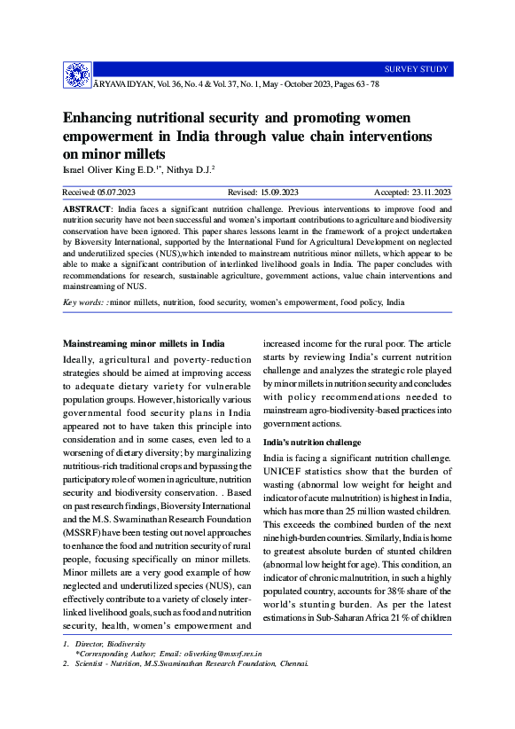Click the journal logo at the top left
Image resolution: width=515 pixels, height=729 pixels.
(77, 75)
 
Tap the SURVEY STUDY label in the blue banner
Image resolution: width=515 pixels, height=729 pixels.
(416, 69)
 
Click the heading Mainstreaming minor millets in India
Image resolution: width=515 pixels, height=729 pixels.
(143, 343)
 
